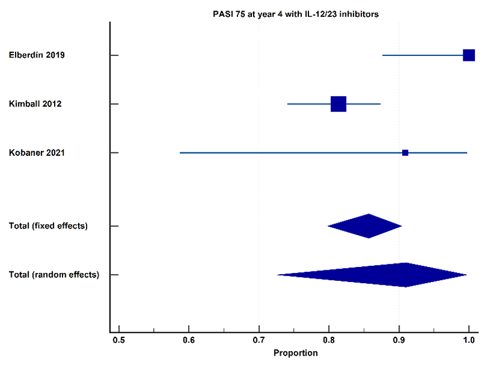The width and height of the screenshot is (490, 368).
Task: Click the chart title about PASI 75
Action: pyautogui.click(x=296, y=15)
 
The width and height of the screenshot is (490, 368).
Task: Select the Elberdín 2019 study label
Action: pyautogui.click(x=37, y=55)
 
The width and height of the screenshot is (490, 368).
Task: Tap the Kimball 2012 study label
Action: pyautogui.click(x=35, y=104)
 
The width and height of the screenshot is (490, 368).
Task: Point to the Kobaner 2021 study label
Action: pyautogui.click(x=37, y=153)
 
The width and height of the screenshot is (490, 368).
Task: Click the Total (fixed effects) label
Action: pyautogui.click(x=48, y=226)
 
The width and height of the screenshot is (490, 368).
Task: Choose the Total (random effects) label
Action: pyautogui.click(x=54, y=275)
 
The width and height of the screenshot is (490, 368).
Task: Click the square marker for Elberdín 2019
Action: pyautogui.click(x=469, y=55)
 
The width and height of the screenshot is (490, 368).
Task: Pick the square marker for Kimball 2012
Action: pyautogui.click(x=339, y=104)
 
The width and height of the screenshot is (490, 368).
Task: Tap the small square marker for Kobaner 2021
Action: pyautogui.click(x=405, y=153)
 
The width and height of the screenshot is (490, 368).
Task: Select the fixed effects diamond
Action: pyautogui.click(x=365, y=226)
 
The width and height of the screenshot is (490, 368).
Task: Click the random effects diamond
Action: pyautogui.click(x=372, y=275)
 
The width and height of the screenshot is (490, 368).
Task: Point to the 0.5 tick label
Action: pyautogui.click(x=119, y=340)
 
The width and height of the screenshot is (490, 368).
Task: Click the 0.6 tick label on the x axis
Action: pyautogui.click(x=189, y=340)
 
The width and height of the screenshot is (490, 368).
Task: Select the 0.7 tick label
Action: pyautogui.click(x=259, y=340)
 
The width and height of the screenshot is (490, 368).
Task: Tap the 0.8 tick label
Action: pyautogui.click(x=329, y=340)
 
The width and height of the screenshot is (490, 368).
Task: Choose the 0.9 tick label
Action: pyautogui.click(x=399, y=340)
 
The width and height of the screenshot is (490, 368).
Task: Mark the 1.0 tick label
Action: pyautogui.click(x=469, y=340)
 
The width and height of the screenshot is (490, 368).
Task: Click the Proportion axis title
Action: pyautogui.click(x=296, y=353)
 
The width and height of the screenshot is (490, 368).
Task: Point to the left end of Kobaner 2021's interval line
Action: pyautogui.click(x=180, y=153)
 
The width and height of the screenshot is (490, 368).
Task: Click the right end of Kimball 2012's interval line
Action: pyautogui.click(x=380, y=104)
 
